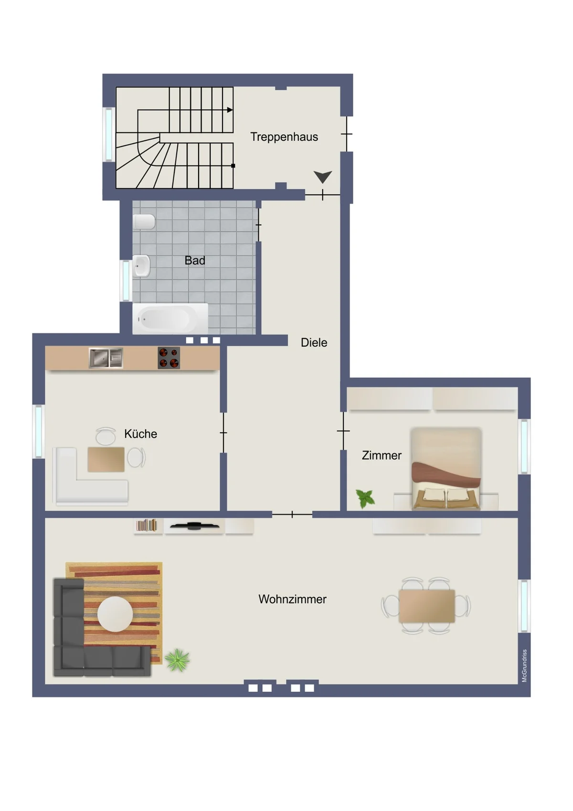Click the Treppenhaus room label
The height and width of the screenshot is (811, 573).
click(284, 137)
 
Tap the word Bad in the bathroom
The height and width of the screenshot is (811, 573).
click(195, 260)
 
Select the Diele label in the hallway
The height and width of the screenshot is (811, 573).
click(314, 343)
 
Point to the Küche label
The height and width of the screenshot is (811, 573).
click(140, 433)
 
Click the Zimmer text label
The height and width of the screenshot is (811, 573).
click(382, 455)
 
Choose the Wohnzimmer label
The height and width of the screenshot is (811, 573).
click(292, 599)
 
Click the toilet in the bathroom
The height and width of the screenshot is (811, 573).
click(144, 221)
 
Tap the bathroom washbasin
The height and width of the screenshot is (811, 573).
click(141, 266)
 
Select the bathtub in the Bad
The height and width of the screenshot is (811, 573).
click(170, 318)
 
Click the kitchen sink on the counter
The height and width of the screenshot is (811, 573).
click(106, 358)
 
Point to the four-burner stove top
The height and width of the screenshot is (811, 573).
click(169, 358)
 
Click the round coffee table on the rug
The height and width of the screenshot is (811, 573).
click(115, 614)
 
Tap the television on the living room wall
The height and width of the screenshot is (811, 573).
click(194, 526)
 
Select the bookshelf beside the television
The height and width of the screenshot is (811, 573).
click(146, 526)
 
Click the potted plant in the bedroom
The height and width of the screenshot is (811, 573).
click(365, 498)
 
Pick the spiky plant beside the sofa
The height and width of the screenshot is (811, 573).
click(177, 660)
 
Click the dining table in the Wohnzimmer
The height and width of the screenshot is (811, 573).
click(427, 606)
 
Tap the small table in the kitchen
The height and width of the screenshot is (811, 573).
click(106, 460)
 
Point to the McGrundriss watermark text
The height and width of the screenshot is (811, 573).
click(524, 666)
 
